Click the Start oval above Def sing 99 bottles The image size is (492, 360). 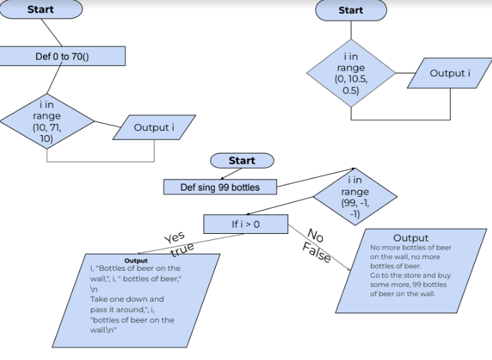pos(242,160)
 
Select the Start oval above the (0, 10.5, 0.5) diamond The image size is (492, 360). pos(351,10)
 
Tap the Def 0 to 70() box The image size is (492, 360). pos(62,56)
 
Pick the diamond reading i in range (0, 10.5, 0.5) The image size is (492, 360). pos(351,73)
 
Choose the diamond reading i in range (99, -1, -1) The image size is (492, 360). pos(354,196)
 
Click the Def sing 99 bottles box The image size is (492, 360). pos(220,187)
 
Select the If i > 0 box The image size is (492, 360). pos(246,224)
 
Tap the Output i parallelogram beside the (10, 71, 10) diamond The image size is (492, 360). pos(154,128)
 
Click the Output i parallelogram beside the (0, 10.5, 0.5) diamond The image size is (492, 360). pos(450,73)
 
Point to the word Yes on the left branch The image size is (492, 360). pos(174,237)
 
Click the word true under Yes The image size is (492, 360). pos(182,248)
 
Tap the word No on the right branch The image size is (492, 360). pos(316,235)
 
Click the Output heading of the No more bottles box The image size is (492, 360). pos(411,238)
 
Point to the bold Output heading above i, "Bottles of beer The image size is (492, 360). pos(136,261)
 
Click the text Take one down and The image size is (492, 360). pos(127,299)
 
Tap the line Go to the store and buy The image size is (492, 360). pos(410,275)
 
